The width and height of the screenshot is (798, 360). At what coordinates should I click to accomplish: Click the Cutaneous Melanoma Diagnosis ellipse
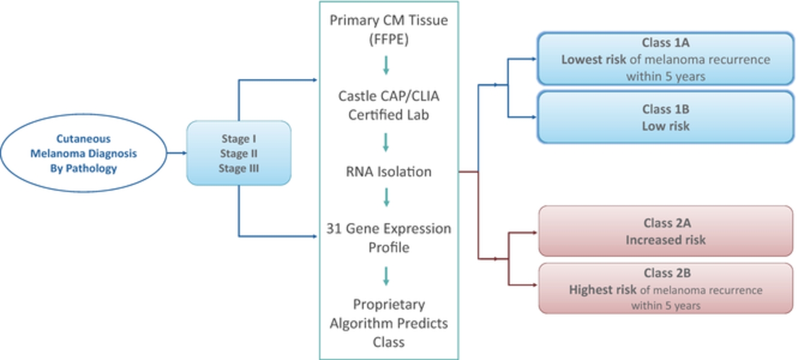tap(83, 153)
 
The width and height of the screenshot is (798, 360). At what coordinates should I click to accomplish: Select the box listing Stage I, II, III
tap(239, 153)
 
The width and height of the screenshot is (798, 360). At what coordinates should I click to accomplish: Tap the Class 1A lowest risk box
tap(665, 59)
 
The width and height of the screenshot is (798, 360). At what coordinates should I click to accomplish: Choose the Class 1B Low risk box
tap(665, 117)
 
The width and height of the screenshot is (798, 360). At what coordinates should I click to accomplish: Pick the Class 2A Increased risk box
tap(665, 231)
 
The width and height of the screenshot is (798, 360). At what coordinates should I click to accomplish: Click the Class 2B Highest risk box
tap(665, 289)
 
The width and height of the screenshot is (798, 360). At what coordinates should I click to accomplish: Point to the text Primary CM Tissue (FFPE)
tap(389, 29)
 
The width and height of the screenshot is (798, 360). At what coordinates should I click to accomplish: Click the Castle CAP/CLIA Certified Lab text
tap(389, 106)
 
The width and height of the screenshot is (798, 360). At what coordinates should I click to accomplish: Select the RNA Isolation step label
tap(389, 172)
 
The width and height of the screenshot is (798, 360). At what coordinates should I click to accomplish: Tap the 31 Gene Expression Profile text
tap(389, 238)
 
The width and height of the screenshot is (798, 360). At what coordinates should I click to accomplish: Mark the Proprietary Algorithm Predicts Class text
tap(389, 323)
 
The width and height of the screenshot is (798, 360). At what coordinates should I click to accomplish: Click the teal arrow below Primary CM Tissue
tap(386, 65)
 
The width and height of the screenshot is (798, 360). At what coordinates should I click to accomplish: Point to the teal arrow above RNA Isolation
tap(386, 142)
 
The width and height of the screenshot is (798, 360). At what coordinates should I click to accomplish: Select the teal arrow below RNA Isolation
tap(386, 197)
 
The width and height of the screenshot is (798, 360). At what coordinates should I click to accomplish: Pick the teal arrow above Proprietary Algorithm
tap(386, 276)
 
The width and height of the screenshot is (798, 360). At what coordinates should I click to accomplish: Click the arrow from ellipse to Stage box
tap(176, 153)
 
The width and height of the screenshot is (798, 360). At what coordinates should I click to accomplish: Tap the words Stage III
tap(239, 168)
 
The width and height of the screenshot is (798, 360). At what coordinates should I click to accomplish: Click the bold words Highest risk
tap(602, 290)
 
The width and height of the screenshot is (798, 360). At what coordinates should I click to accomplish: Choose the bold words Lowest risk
tap(593, 59)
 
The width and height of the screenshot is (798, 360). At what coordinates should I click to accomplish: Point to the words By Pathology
tap(83, 169)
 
